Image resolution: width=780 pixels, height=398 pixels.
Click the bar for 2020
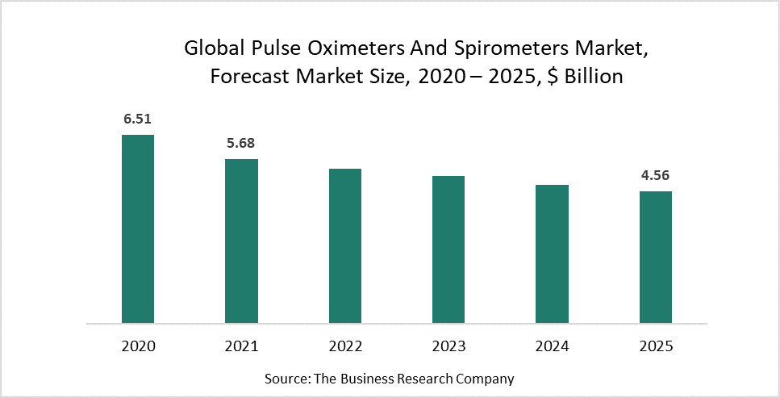tap(137, 228)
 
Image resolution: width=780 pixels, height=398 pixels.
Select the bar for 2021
tap(241, 241)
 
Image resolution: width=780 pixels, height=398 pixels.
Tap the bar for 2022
tap(345, 245)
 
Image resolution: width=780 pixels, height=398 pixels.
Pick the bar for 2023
tap(448, 249)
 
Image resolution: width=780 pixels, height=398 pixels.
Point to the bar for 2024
tap(553, 253)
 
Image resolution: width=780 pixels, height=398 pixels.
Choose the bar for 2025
tap(656, 257)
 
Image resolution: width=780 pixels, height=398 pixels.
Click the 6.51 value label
tap(137, 119)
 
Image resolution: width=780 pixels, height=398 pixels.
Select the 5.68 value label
tap(241, 144)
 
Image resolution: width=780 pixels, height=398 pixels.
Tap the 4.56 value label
tap(656, 175)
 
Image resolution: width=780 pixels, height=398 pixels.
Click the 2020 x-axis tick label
tap(137, 346)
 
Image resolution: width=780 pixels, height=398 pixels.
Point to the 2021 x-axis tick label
tap(241, 346)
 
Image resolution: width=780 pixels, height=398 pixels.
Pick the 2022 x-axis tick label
tap(345, 346)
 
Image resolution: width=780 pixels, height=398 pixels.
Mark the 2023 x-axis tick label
tap(448, 346)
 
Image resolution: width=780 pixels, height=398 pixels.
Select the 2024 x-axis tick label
tap(553, 346)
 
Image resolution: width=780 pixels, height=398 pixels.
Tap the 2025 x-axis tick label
tap(656, 346)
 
